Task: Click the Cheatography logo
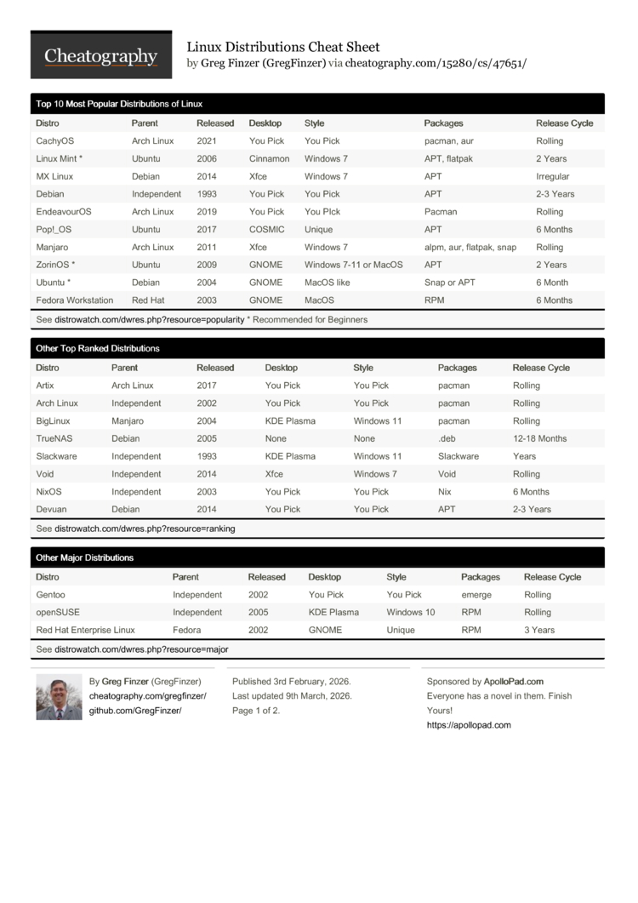click(x=100, y=55)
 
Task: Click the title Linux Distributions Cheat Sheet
click(x=283, y=47)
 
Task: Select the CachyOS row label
click(x=55, y=141)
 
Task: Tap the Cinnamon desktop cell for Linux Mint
click(x=269, y=159)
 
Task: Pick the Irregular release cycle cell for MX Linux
click(x=553, y=177)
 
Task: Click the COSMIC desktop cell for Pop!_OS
click(x=267, y=230)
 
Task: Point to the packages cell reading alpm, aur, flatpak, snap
click(x=470, y=248)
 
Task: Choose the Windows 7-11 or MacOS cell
click(x=353, y=265)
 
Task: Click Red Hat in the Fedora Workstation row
click(x=149, y=300)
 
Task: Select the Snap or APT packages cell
click(x=450, y=283)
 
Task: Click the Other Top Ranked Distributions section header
click(x=98, y=349)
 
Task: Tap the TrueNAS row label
click(x=54, y=439)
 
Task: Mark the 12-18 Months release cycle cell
click(x=539, y=439)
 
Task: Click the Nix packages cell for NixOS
click(x=445, y=492)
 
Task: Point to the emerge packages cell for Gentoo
click(x=476, y=595)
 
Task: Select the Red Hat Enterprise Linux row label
click(x=85, y=631)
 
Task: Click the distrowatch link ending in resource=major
click(x=141, y=649)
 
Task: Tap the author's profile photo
click(x=59, y=697)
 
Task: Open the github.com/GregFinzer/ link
click(x=135, y=711)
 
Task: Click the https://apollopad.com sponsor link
click(x=469, y=725)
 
